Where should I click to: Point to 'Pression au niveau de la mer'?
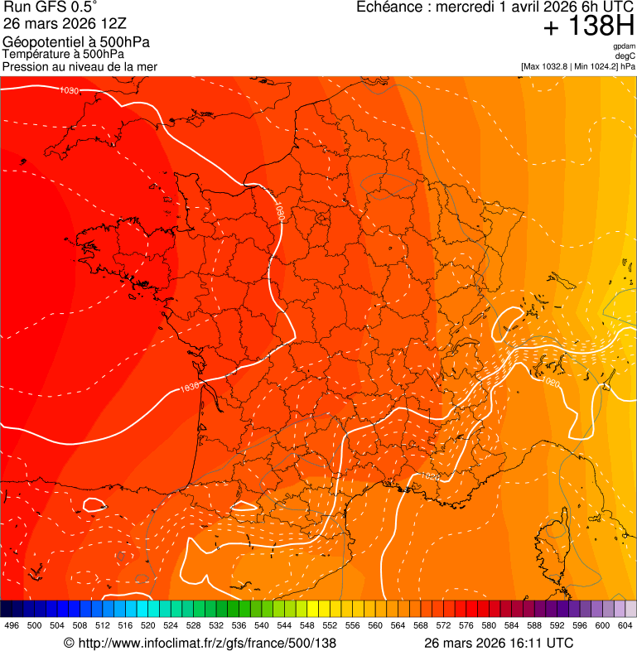point(80,66)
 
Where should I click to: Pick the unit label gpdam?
point(624,46)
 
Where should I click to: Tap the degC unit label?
point(625,55)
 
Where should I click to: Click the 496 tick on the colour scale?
point(12,625)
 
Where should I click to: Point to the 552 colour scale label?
point(330,625)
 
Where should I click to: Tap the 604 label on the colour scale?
point(625,625)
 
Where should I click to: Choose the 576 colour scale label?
point(466,625)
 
